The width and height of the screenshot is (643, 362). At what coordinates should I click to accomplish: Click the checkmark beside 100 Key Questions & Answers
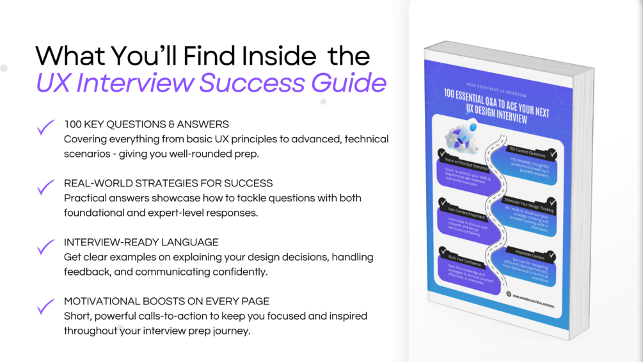pyautogui.click(x=45, y=128)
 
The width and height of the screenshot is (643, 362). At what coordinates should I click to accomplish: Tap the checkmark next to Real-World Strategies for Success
pyautogui.click(x=45, y=187)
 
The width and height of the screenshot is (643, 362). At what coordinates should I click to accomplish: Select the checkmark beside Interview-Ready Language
pyautogui.click(x=45, y=246)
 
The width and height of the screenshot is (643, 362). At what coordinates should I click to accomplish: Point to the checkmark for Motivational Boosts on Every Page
pyautogui.click(x=45, y=306)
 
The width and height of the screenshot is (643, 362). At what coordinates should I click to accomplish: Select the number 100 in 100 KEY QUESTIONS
pyautogui.click(x=73, y=124)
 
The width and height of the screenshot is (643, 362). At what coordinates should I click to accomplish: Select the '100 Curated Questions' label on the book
pyautogui.click(x=528, y=154)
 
